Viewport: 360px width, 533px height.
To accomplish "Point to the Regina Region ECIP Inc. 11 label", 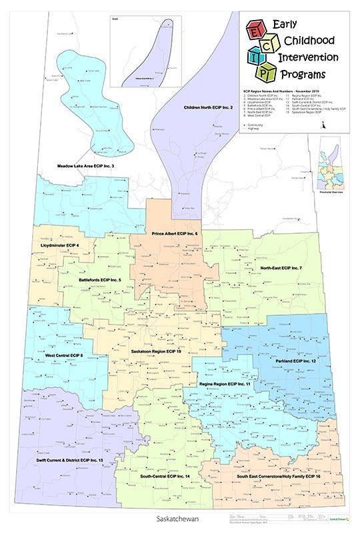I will [225, 384].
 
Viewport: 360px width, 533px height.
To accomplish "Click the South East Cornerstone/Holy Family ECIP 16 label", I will [275, 478].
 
